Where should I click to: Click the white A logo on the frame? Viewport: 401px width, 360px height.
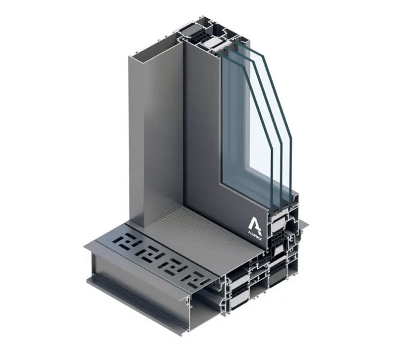click(255, 224)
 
